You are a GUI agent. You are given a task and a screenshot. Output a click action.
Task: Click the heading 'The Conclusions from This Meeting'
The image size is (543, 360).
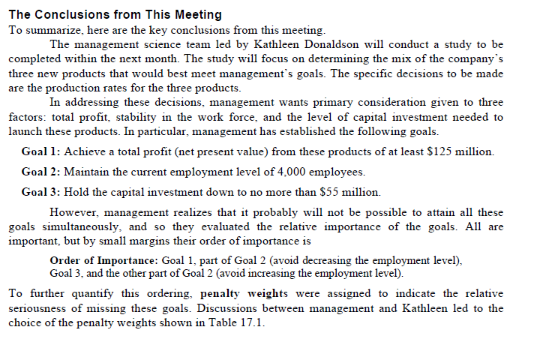pos(115,14)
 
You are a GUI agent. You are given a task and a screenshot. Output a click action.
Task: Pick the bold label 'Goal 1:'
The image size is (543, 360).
pos(43,151)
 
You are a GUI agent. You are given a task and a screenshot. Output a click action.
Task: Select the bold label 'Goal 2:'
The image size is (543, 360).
pos(43,172)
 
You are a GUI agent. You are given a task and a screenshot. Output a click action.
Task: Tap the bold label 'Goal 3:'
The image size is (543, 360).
pos(43,191)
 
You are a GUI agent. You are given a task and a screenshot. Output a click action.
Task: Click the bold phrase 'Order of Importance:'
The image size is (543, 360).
pos(104,259)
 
